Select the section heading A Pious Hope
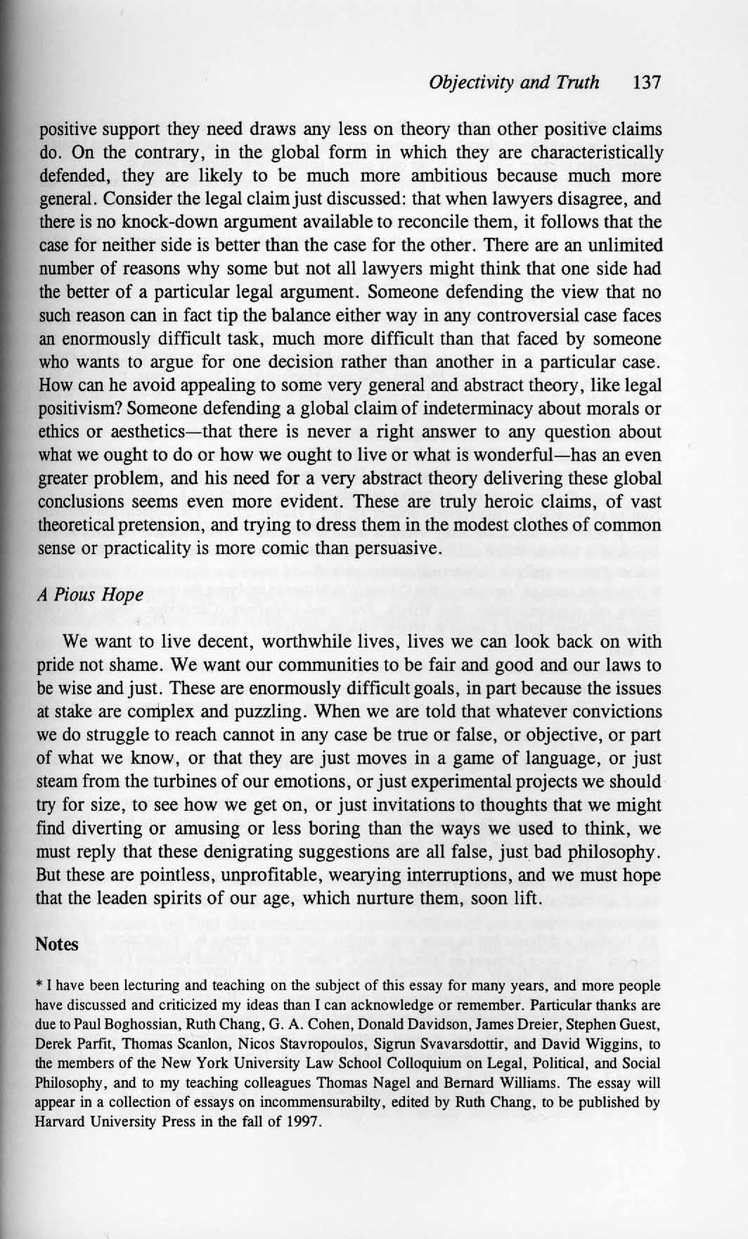90,594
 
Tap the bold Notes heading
57,944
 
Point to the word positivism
79,409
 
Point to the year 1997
303,1122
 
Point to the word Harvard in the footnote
60,1122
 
